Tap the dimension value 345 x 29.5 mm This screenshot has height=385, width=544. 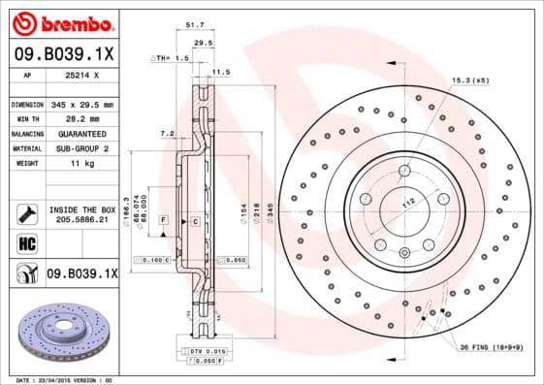click(x=83, y=104)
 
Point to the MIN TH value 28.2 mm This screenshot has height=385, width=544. click(x=79, y=118)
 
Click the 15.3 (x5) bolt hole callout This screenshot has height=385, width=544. click(x=467, y=80)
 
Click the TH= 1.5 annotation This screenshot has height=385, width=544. click(x=170, y=59)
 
